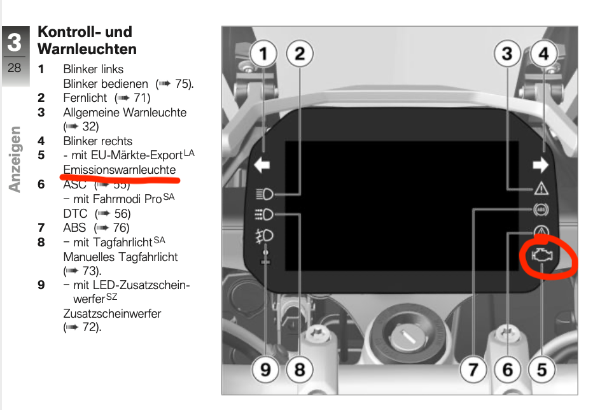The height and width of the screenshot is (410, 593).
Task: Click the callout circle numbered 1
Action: [263, 53]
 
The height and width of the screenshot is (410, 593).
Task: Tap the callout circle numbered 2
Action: [300, 53]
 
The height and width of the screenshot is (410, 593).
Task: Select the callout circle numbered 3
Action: [508, 53]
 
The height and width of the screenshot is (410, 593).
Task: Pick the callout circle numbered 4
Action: [544, 53]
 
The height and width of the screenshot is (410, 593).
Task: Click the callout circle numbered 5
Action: [541, 369]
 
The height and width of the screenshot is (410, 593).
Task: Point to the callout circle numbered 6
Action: [508, 369]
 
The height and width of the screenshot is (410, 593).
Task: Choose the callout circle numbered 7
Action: [473, 369]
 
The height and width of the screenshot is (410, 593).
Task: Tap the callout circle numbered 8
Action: [300, 369]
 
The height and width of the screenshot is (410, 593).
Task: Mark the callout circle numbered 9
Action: [265, 369]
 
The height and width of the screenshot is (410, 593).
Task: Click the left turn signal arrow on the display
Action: [262, 165]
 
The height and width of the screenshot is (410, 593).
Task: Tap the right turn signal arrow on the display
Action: [540, 165]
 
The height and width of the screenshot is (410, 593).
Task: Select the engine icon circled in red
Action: [542, 256]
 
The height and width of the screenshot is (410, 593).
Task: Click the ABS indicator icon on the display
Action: [541, 209]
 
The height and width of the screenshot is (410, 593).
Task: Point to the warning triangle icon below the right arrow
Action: [541, 188]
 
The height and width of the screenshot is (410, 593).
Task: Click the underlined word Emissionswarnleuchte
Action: [120, 169]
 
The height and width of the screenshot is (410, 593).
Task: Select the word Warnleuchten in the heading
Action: [87, 49]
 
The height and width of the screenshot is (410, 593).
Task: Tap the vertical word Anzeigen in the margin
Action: [15, 159]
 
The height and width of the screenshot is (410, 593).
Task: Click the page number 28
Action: [15, 67]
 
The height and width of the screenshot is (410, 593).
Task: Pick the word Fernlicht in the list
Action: [85, 97]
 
